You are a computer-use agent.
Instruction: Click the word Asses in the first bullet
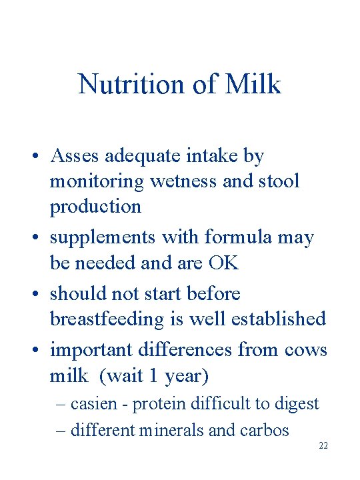pyautogui.click(x=73, y=156)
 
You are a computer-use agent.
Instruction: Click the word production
pyautogui.click(x=95, y=207)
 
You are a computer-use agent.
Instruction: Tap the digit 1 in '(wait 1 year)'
pyautogui.click(x=153, y=376)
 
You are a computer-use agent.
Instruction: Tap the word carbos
pyautogui.click(x=265, y=430)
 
